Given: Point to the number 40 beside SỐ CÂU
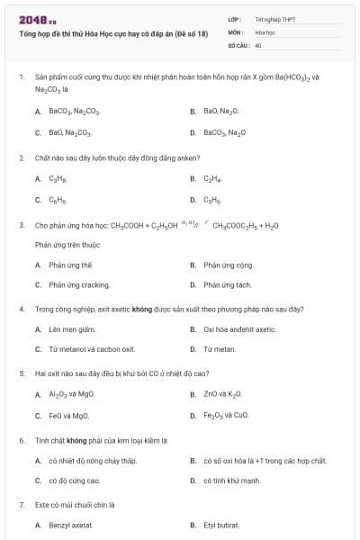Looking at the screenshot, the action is tap(258, 44).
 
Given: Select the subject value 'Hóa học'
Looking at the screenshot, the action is tap(265, 31).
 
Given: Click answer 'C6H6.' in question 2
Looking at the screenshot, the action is tap(58, 199).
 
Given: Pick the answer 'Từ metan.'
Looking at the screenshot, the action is tap(220, 349).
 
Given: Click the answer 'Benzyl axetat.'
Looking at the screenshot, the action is tap(71, 525).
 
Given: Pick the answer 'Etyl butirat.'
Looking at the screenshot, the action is tap(223, 525).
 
